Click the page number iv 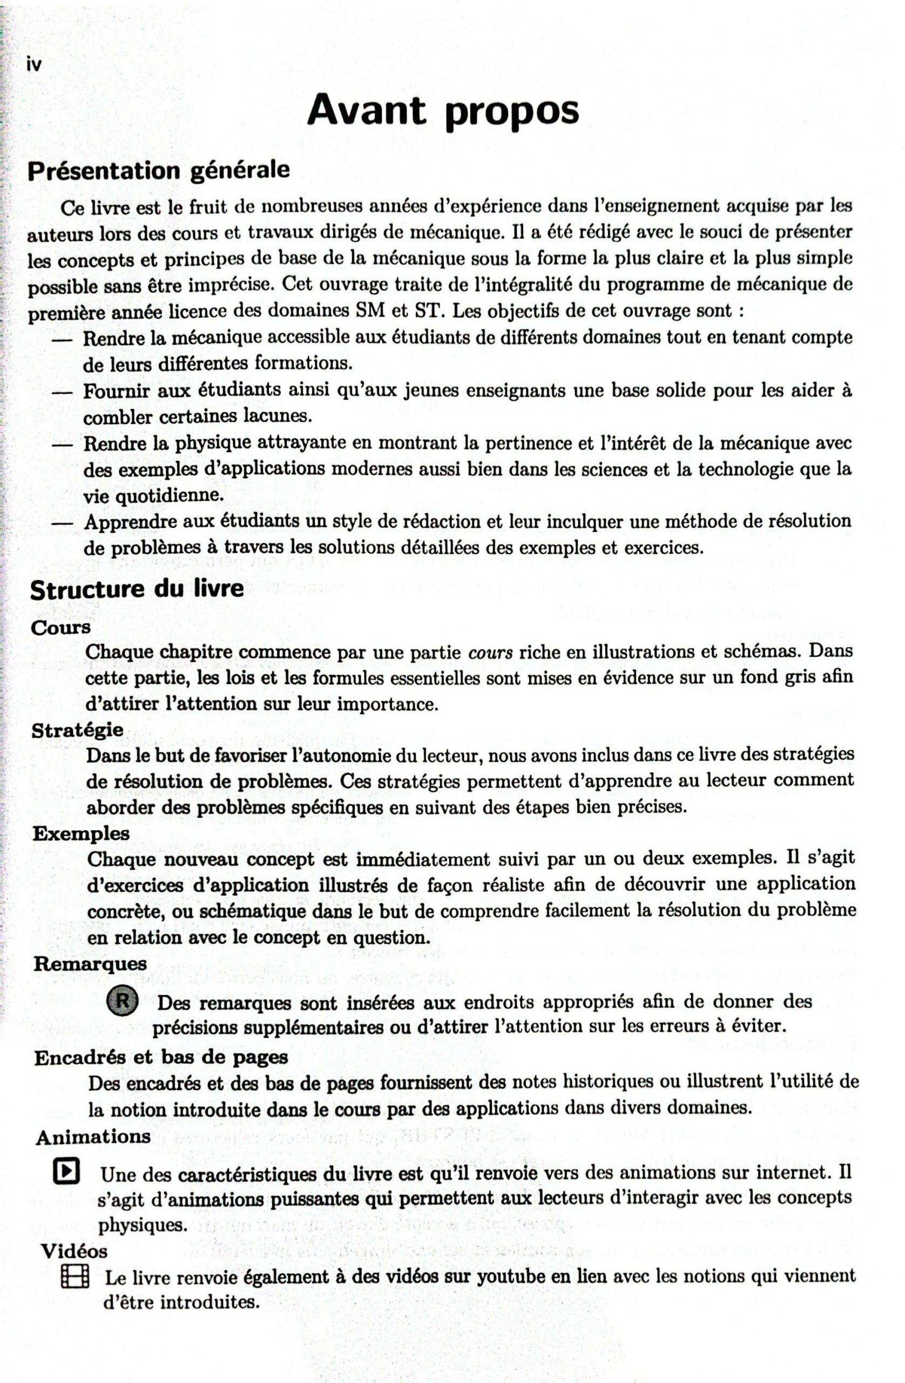(x=34, y=64)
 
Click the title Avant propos (x=443, y=111)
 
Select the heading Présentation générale (x=159, y=171)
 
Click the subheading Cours (x=61, y=628)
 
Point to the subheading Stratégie (x=77, y=730)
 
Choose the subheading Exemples (x=81, y=833)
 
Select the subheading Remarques (x=90, y=963)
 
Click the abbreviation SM (x=369, y=310)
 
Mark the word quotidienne (x=153, y=496)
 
